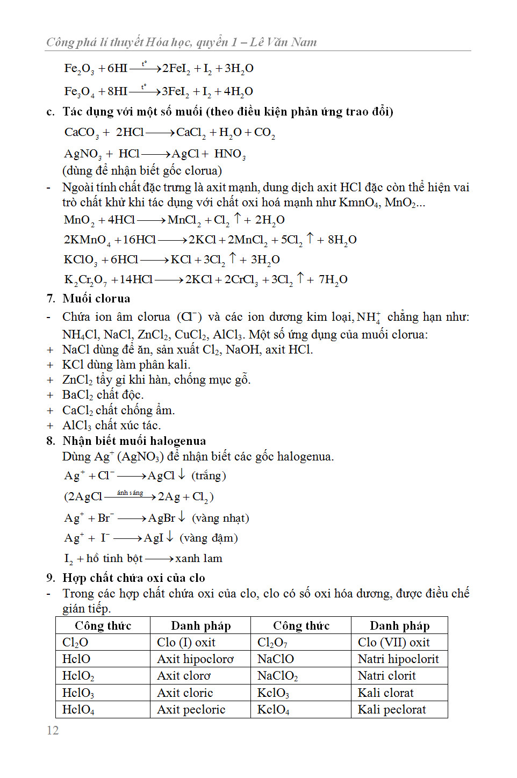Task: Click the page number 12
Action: tap(53, 730)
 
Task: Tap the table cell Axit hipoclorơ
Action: tap(195, 659)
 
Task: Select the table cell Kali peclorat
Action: tap(392, 709)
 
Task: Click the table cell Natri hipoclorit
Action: tap(398, 659)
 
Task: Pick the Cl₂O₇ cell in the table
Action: tap(272, 643)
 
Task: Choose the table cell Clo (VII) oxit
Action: tap(394, 642)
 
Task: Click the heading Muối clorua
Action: tap(96, 298)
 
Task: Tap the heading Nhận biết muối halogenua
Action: tap(134, 441)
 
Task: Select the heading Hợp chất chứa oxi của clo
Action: tap(133, 578)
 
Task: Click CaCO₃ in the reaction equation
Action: tap(82, 133)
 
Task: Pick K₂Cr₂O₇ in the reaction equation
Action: tap(85, 280)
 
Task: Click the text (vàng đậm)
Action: tap(209, 538)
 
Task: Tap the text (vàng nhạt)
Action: tap(220, 518)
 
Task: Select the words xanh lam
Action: tap(199, 558)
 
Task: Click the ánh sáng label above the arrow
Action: tap(130, 492)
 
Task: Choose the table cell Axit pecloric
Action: tap(191, 709)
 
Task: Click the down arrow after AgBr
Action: tap(182, 517)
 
